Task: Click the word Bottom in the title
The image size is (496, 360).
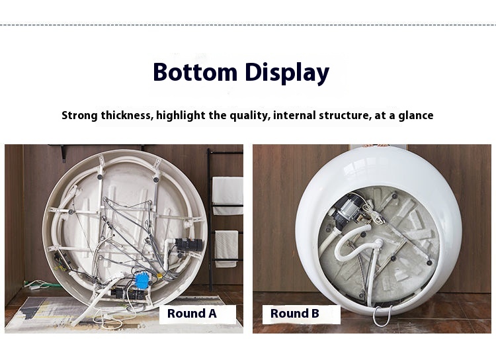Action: [195, 72]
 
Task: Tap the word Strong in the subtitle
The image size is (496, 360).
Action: [79, 115]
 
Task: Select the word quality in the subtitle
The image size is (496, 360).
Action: [249, 116]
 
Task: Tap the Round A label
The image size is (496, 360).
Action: [192, 314]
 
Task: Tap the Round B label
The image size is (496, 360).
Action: [294, 314]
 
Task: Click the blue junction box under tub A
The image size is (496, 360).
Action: [142, 280]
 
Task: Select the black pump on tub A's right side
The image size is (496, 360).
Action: [188, 245]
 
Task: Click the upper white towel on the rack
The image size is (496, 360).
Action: [227, 196]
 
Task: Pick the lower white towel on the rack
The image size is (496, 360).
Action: [226, 249]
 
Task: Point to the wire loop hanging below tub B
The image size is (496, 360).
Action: [382, 316]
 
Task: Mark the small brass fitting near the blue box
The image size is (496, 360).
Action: [159, 276]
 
